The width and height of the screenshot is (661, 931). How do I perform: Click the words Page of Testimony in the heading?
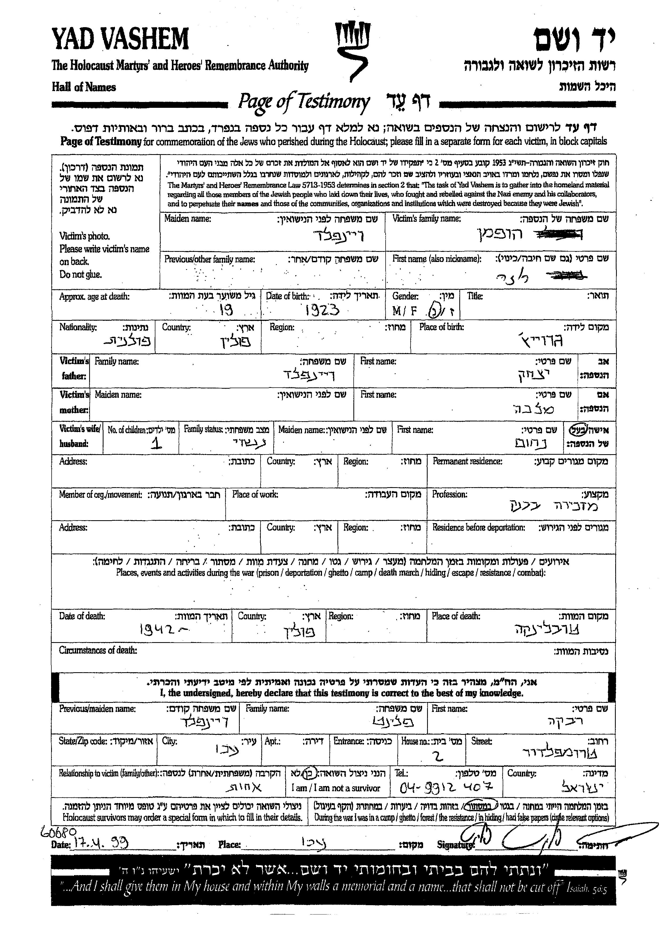point(304,102)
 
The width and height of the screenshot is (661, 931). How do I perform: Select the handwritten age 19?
point(226,311)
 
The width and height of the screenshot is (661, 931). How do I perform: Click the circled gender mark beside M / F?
point(433,311)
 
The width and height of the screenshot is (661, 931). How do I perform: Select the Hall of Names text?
point(84,87)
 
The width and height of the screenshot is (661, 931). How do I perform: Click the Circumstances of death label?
point(98,650)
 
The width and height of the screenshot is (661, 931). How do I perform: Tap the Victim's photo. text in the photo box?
point(85,236)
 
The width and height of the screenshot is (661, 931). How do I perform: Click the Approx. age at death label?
point(94,297)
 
